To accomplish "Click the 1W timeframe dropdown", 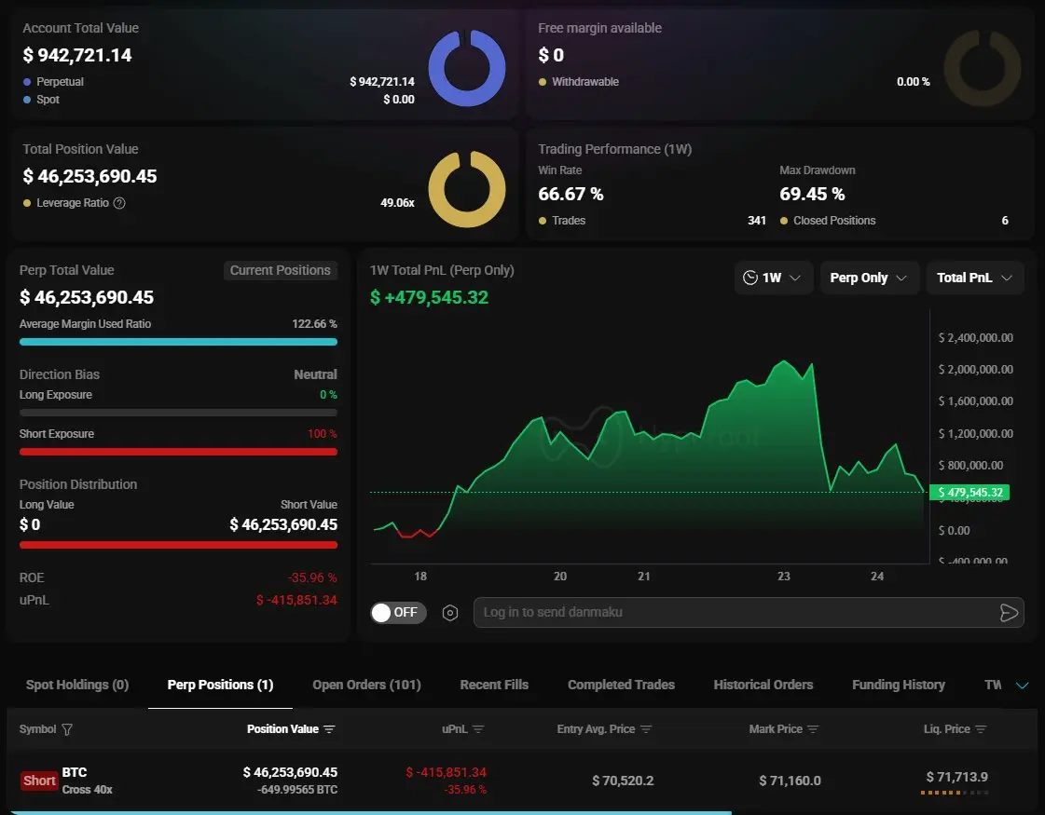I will coord(773,278).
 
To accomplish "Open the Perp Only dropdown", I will coord(869,278).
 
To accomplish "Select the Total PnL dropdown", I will coord(974,278).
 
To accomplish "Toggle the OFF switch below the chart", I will coord(398,612).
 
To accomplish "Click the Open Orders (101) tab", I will coord(366,685).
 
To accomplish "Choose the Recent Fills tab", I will coord(494,685).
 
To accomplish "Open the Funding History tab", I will coord(898,685).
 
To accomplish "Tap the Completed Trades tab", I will coord(621,685).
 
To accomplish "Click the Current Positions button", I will coord(280,270).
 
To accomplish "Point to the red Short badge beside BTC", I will coord(39,781).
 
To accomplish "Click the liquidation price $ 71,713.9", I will coord(956,777).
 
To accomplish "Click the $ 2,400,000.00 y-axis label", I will coord(976,338).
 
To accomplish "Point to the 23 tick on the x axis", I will coord(784,577).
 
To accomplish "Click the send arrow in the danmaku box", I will coord(1008,612).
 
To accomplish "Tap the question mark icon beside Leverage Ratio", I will coord(119,203).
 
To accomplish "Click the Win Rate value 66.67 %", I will coord(571,194).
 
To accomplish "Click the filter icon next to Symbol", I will coord(67,729).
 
